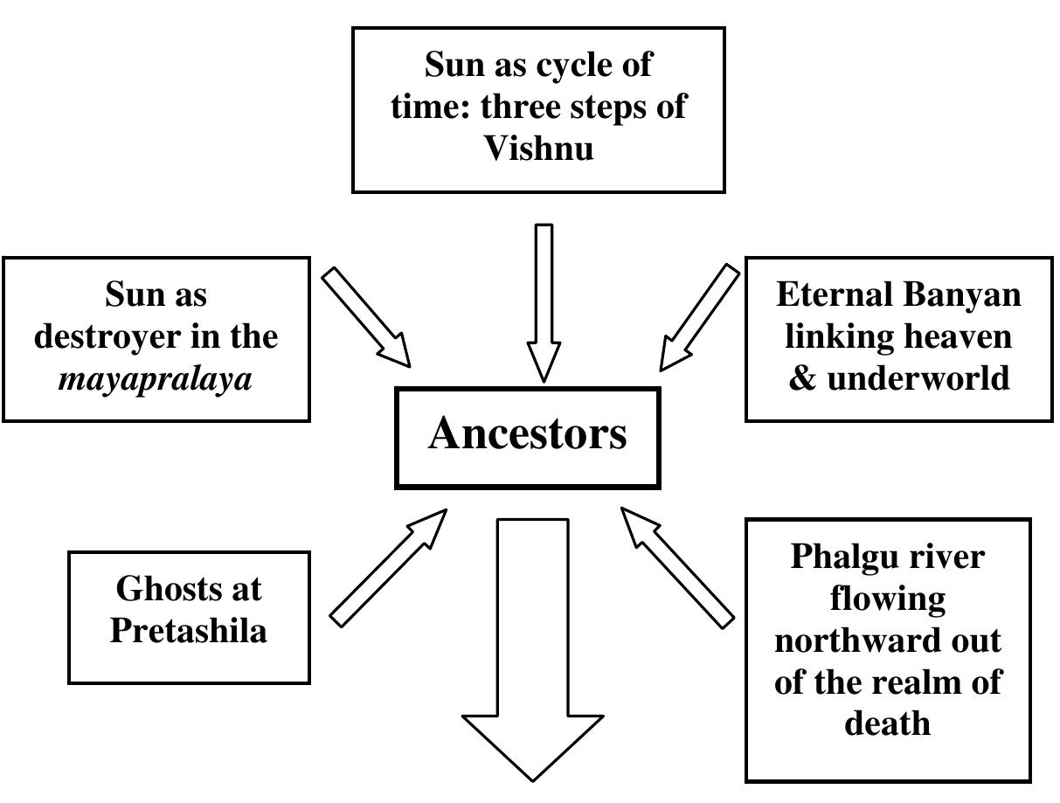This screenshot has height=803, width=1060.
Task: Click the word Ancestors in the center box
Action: [x=527, y=433]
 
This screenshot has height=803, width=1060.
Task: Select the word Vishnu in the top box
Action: [x=538, y=148]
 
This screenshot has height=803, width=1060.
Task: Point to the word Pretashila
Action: [x=188, y=630]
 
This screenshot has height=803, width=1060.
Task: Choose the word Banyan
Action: [x=969, y=294]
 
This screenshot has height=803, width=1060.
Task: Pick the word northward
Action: [x=887, y=640]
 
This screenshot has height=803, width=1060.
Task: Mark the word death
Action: [x=887, y=723]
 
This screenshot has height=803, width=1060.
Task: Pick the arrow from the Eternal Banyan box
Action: [x=699, y=317]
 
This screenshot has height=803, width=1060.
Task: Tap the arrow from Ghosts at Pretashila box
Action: [x=389, y=568]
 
